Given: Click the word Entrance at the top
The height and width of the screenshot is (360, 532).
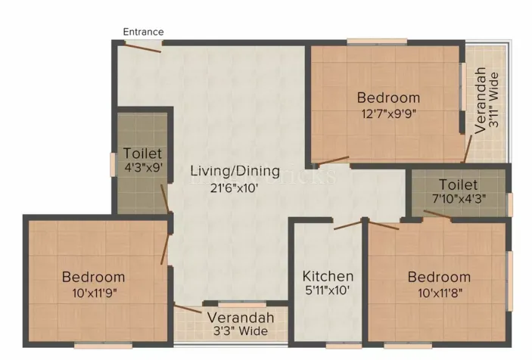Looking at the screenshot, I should coord(143,31).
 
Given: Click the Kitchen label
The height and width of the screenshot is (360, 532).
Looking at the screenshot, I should coord(328,276).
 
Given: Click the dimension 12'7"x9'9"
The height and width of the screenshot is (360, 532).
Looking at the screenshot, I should coord(388,113).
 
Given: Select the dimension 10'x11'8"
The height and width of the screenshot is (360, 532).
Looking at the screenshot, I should coord(439,293).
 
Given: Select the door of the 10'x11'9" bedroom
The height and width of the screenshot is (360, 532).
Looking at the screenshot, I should coord(166,244).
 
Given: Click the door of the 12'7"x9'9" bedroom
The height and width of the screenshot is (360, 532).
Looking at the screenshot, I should coord(333,160).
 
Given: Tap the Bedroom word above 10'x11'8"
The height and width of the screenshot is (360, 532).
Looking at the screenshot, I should coord(439,277).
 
